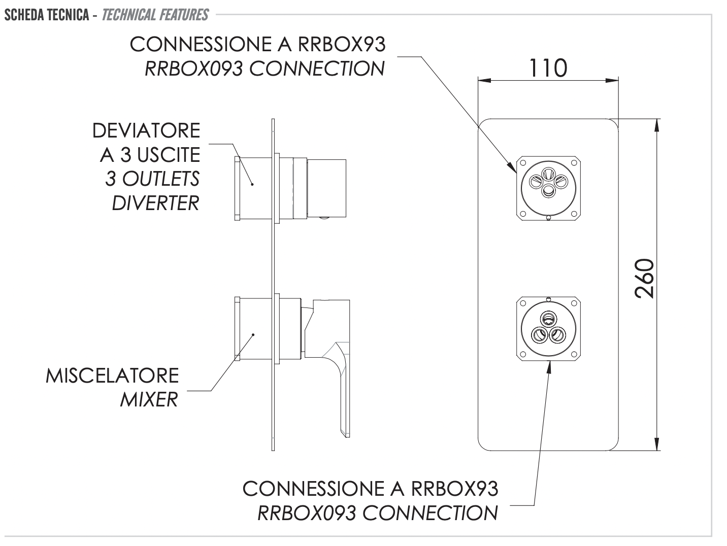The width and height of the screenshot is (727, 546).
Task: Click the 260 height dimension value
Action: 645,279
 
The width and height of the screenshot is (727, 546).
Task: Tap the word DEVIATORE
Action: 146,131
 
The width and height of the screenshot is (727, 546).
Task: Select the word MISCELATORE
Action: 112,376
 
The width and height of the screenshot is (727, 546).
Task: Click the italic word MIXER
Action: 149,400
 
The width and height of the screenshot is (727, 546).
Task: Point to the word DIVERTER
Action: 155,203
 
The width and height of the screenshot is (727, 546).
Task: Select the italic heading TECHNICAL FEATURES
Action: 155,15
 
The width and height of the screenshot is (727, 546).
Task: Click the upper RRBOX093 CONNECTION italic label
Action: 265,69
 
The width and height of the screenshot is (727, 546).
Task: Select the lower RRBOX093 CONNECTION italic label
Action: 378,513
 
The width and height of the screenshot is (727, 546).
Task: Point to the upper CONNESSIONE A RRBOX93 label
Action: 257,45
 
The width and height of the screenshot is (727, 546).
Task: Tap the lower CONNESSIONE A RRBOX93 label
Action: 370,489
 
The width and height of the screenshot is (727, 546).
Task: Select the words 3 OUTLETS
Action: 152,179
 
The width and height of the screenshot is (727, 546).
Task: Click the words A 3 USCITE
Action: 150,155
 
